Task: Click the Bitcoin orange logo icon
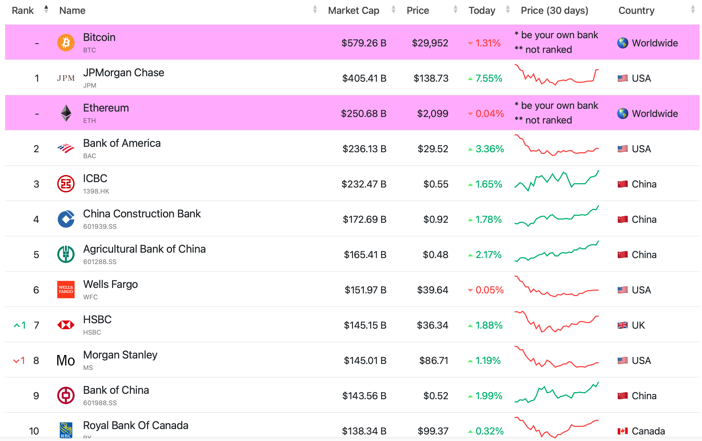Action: click(66, 43)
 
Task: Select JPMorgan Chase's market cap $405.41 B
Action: click(364, 78)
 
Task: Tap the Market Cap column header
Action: click(353, 11)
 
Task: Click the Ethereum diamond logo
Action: click(66, 113)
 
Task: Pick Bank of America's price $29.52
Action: click(433, 149)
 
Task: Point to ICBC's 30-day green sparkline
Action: click(556, 181)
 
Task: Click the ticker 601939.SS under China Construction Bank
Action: click(100, 227)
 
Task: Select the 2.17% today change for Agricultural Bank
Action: click(488, 255)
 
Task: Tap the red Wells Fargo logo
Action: click(66, 290)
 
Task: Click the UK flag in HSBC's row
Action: click(623, 325)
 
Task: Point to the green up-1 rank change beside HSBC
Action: click(20, 325)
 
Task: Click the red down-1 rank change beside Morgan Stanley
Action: click(19, 360)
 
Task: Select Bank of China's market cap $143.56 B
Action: click(364, 396)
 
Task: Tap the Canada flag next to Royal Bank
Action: click(623, 431)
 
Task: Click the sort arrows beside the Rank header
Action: click(46, 9)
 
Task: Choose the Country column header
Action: click(636, 11)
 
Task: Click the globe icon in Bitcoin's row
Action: click(623, 43)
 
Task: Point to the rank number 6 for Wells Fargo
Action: click(36, 290)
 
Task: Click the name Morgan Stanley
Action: click(120, 355)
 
